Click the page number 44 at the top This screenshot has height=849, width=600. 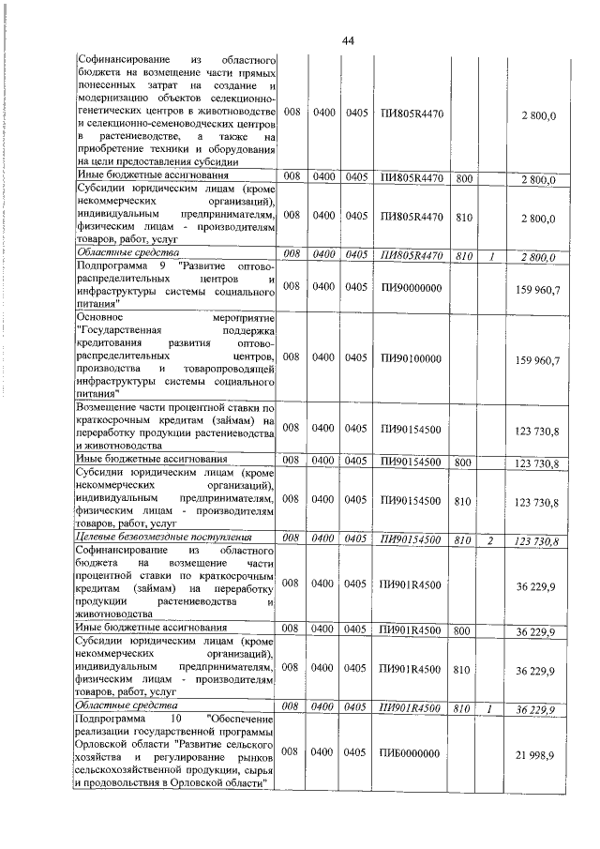347,39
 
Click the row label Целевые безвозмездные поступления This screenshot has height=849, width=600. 140,538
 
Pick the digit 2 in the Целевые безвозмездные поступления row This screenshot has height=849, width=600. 489,538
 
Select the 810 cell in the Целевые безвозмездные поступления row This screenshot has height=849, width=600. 463,538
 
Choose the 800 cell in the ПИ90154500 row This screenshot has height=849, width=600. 463,461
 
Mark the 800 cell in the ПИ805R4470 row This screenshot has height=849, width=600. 463,176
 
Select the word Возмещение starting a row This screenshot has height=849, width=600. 109,409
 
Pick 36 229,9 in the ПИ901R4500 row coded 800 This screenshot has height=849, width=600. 538,631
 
